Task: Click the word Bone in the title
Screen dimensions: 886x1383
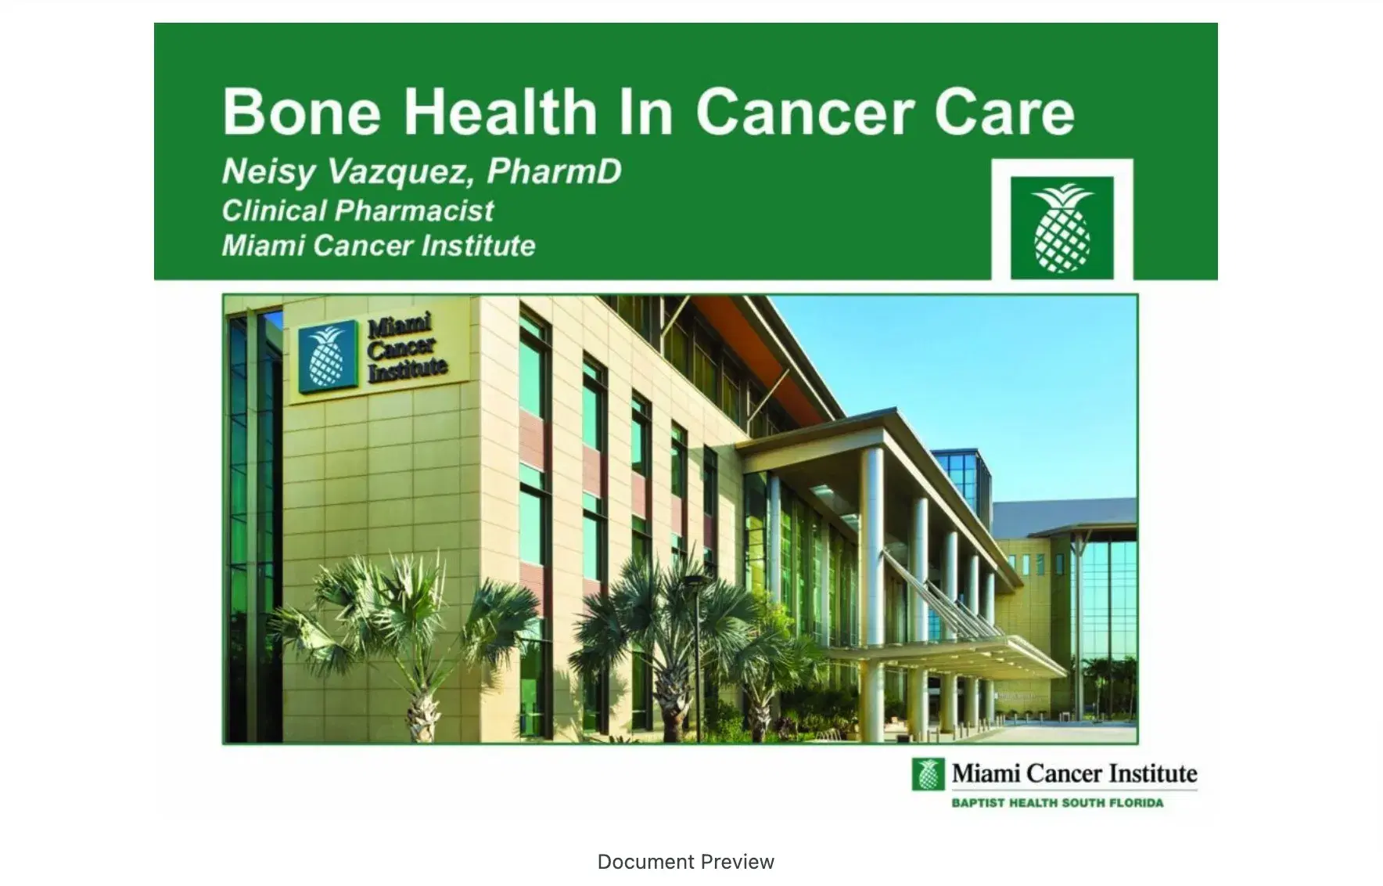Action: (301, 112)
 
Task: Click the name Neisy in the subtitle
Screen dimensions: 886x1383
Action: (268, 171)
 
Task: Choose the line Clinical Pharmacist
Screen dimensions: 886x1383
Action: (357, 210)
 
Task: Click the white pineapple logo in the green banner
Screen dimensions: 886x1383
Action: (1061, 228)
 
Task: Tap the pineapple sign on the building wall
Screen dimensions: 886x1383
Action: (328, 356)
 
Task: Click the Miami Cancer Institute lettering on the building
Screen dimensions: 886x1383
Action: (406, 348)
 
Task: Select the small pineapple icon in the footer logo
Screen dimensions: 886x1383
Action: (929, 774)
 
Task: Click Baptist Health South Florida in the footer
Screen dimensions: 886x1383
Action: (1057, 803)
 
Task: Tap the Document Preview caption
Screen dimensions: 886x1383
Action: (685, 862)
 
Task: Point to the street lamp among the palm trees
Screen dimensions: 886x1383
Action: (695, 642)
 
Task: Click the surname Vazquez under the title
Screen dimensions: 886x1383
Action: (399, 171)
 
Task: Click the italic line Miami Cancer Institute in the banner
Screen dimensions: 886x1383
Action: (379, 246)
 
